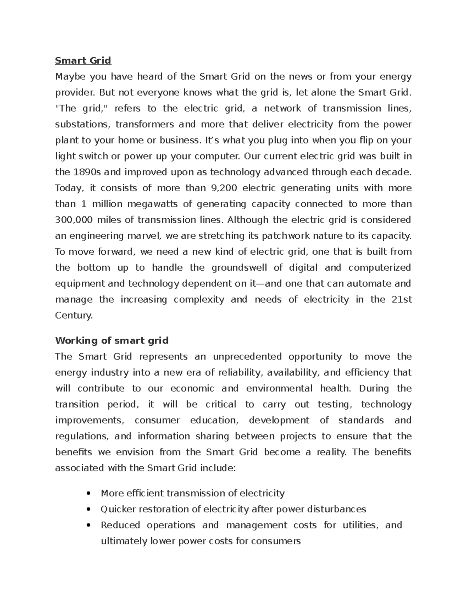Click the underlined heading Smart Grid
click(x=83, y=61)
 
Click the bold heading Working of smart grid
click(x=112, y=341)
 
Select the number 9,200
click(x=223, y=188)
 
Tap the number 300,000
click(x=74, y=220)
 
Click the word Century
click(x=74, y=315)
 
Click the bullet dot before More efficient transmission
click(x=89, y=494)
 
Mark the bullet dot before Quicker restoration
click(x=89, y=510)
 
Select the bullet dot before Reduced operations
click(x=89, y=526)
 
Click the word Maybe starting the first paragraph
click(x=70, y=77)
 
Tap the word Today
click(x=69, y=188)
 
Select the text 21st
click(x=401, y=299)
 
